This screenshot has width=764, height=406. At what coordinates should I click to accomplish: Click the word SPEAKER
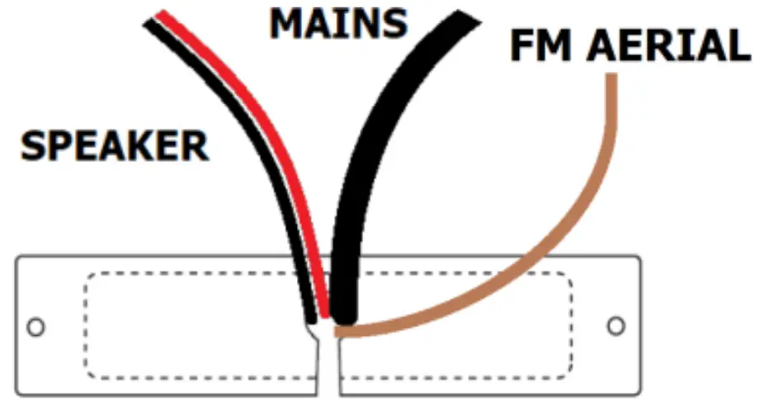(x=114, y=148)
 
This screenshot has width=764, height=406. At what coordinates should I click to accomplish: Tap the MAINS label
(x=338, y=24)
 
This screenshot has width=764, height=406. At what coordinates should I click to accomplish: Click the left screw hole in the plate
(x=35, y=326)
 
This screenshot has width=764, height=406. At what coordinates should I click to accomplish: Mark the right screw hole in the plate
(x=615, y=325)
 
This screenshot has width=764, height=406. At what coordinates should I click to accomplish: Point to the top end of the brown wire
(x=611, y=78)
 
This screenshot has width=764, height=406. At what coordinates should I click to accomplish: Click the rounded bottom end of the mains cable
(x=344, y=314)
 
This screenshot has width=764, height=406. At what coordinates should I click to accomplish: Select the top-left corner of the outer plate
(x=18, y=257)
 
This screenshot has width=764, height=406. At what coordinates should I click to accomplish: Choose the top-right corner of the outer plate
(x=639, y=257)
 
